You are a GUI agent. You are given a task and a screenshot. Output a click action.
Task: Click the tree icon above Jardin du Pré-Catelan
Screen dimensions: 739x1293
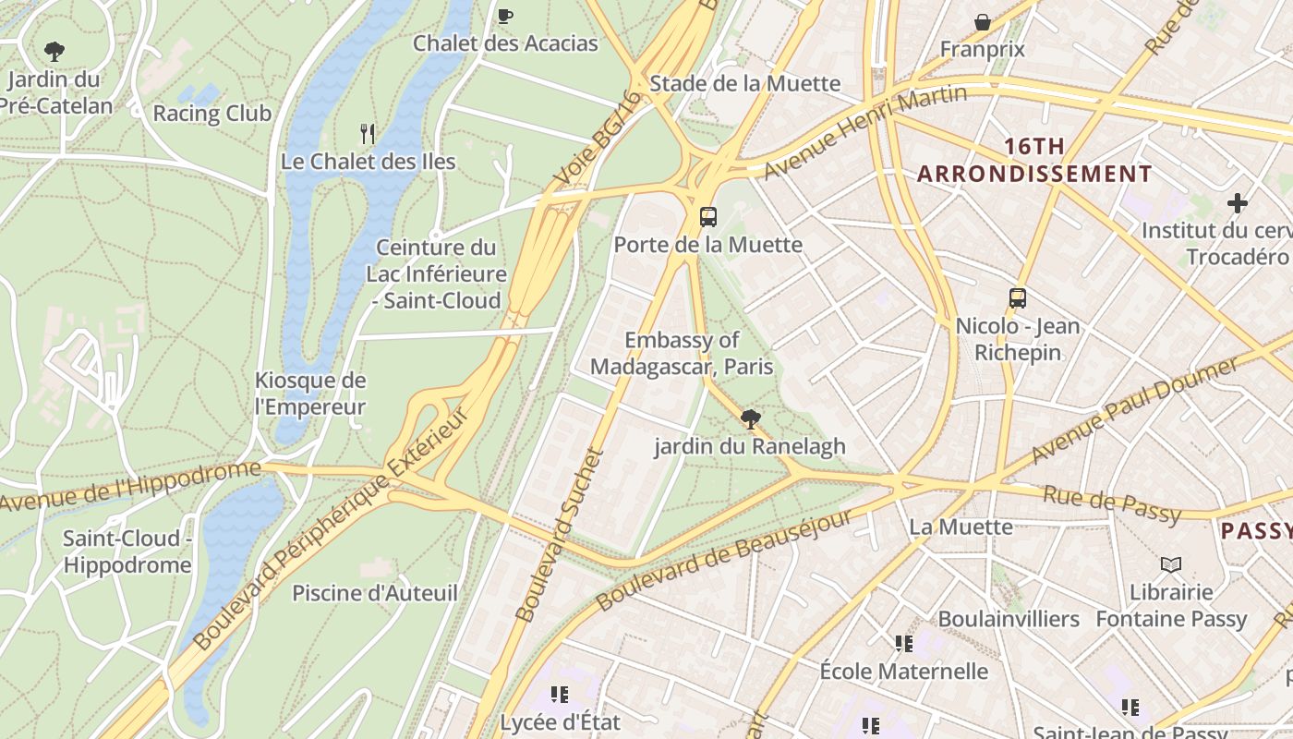pos(54,51)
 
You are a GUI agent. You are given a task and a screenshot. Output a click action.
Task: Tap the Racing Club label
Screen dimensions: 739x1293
pos(211,114)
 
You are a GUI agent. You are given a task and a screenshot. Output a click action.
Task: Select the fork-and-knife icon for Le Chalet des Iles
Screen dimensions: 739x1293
pos(368,134)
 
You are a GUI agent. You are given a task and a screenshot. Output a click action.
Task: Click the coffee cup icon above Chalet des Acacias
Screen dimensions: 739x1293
pos(505,16)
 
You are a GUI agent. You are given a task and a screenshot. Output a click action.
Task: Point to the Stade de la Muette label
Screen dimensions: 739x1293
pos(744,83)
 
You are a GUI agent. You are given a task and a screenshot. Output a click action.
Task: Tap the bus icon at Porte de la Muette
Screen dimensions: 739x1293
pos(708,217)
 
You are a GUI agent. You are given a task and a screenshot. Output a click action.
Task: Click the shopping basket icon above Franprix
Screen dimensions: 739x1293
pos(983,22)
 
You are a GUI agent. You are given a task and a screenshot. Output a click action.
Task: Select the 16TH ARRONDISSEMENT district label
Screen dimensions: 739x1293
pos(1034,160)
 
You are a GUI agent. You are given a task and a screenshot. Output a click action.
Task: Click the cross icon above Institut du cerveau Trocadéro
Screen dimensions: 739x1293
pos(1238,203)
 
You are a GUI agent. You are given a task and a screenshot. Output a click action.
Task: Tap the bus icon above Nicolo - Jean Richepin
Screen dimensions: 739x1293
pos(1018,298)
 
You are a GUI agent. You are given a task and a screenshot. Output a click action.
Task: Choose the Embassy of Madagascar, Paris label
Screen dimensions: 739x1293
pos(682,353)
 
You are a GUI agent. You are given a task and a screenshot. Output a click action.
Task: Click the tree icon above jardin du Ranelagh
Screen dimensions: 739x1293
pos(750,419)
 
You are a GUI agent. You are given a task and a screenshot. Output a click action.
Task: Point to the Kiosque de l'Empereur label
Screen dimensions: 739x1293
pos(310,394)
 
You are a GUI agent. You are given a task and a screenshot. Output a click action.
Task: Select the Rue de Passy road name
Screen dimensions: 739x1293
pos(1112,505)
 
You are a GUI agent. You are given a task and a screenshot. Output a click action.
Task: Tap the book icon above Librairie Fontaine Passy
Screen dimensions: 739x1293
pos(1171,563)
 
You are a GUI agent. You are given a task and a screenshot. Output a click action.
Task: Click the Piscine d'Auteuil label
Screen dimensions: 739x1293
pos(375,593)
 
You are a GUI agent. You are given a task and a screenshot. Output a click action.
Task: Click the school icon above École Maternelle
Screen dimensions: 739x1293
pos(903,643)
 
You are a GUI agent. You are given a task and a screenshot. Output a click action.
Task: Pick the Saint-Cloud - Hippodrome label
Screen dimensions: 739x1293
pos(127,551)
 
